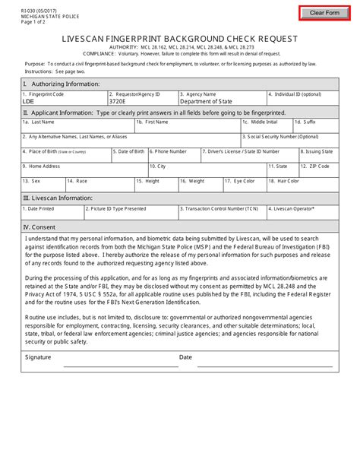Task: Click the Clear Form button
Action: pos(324,13)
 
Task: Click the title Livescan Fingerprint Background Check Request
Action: pos(180,38)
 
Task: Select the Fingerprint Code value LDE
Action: pos(28,100)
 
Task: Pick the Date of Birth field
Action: pos(130,155)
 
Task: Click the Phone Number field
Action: pos(174,155)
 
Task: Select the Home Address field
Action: pos(84,170)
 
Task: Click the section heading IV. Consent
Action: pos(39,227)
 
